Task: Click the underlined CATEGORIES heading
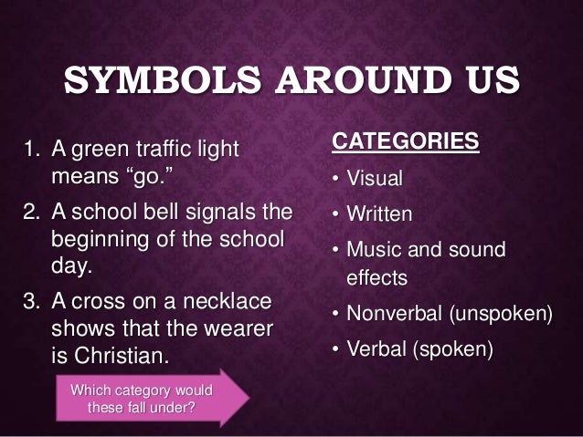tap(403, 141)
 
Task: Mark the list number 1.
tap(28, 148)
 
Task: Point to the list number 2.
tap(28, 214)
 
